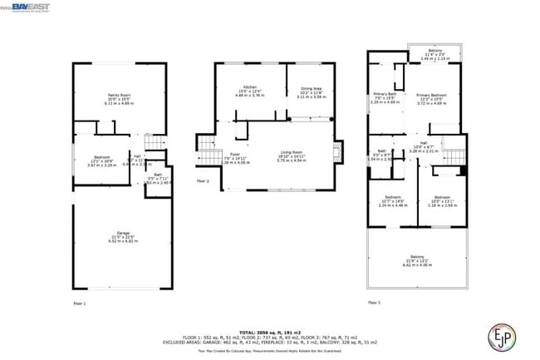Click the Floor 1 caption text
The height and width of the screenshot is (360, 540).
click(79, 304)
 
